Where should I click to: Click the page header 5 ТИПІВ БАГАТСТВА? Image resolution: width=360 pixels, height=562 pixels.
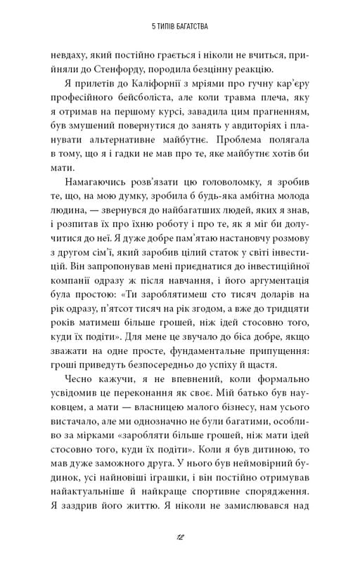[180, 27]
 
